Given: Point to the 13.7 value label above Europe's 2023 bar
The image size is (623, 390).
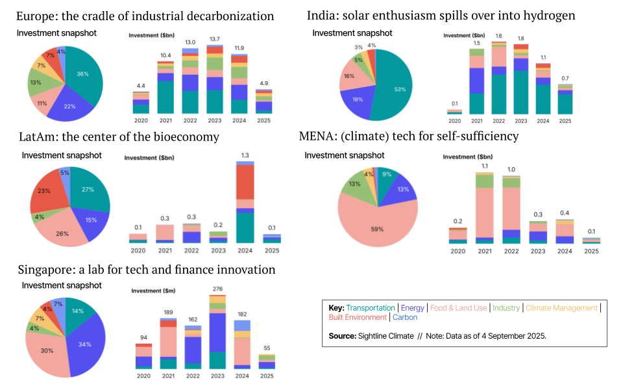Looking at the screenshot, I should pos(214,40).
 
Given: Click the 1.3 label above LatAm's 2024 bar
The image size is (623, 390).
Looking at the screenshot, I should pos(244,155).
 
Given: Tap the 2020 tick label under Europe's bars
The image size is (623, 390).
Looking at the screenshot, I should pos(141,120).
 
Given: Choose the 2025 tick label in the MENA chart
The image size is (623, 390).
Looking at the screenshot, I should pos(591,250).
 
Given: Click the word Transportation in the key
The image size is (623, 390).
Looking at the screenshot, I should pos(370,307).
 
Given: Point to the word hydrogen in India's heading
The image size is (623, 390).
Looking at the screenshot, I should pos(548,16).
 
